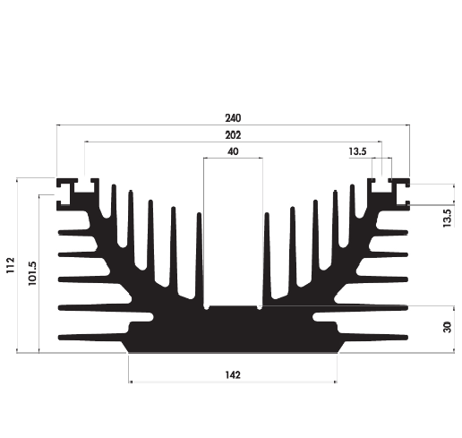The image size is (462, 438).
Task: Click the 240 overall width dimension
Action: tap(234, 117)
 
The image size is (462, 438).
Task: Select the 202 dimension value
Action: tap(234, 134)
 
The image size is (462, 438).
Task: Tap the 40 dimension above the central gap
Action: tap(234, 152)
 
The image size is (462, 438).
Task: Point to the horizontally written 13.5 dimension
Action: tap(357, 152)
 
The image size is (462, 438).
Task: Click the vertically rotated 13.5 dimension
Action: tap(448, 216)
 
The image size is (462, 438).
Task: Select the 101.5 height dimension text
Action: tap(32, 271)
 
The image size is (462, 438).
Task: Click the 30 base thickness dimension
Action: tap(448, 329)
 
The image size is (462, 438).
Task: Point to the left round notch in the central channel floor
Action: tap(207, 306)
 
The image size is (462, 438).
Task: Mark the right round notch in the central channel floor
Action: tap(261, 306)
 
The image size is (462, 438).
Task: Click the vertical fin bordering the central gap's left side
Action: tap(199, 255)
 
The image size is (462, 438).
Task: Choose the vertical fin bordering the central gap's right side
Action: tap(268, 255)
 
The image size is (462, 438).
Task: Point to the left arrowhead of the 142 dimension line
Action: tap(133, 383)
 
